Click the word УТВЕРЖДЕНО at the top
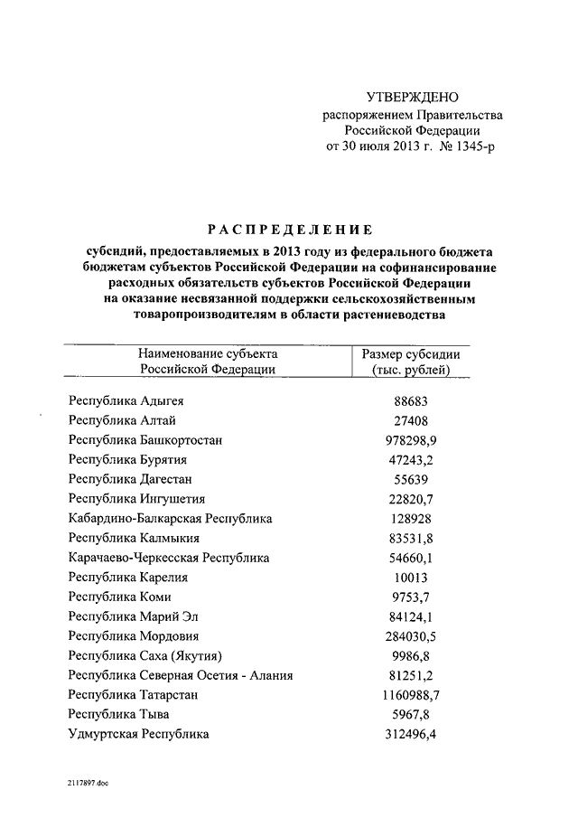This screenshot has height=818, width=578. click(x=413, y=97)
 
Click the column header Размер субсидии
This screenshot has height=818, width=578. click(x=411, y=354)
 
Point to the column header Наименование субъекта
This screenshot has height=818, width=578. click(x=208, y=354)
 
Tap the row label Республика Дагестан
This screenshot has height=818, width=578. click(x=130, y=479)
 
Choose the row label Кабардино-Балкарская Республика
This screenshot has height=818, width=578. click(x=170, y=519)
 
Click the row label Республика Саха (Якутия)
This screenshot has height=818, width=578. click(x=144, y=656)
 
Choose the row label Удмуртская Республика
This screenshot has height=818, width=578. click(x=138, y=735)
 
